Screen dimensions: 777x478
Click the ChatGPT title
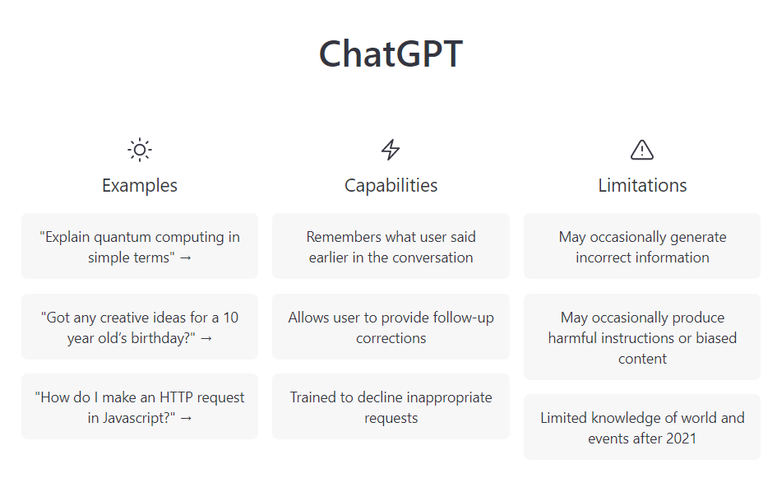click(x=391, y=53)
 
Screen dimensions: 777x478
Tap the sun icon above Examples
click(x=140, y=150)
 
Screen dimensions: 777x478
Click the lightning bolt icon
click(x=391, y=150)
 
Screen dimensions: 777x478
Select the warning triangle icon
click(x=642, y=150)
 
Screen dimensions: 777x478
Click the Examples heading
click(x=140, y=185)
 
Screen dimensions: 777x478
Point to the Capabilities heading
click(x=391, y=185)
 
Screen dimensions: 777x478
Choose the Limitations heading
click(x=642, y=185)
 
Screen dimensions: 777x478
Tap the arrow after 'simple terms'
click(x=185, y=258)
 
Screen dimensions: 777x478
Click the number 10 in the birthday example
click(x=230, y=318)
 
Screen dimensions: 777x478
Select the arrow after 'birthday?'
click(x=206, y=339)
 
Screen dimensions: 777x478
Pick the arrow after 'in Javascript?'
click(x=186, y=419)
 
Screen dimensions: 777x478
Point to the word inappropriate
click(x=450, y=397)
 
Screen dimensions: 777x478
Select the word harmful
click(x=572, y=338)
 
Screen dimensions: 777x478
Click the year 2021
click(x=681, y=439)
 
